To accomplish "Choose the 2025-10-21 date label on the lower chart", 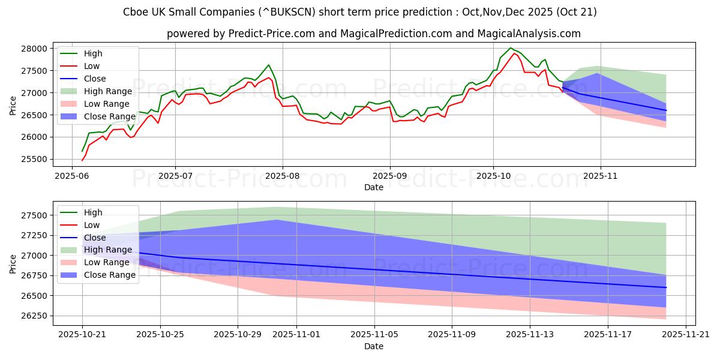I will click(x=82, y=335).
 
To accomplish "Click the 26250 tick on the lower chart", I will click(x=35, y=316).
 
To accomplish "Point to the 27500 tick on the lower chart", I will click(x=35, y=215).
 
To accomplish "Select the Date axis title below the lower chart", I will click(x=373, y=347).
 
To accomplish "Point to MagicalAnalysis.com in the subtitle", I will click(x=531, y=34).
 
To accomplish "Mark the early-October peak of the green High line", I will click(x=511, y=48).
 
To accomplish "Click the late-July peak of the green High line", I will click(x=268, y=65).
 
